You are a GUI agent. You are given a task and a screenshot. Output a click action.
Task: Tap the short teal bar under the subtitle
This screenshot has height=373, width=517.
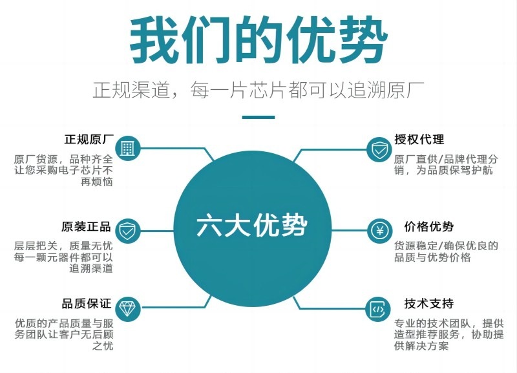pos(258,118)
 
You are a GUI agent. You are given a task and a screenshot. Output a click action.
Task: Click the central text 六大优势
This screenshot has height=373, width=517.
pos(252,226)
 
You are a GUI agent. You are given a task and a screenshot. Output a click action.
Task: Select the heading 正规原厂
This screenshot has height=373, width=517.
pos(89,140)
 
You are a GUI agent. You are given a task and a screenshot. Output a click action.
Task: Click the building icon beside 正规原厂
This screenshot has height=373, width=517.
pos(127,149)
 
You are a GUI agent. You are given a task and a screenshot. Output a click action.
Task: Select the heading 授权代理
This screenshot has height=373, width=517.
pos(419,140)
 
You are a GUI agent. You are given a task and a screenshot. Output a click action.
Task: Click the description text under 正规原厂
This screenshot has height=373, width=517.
pos(64,170)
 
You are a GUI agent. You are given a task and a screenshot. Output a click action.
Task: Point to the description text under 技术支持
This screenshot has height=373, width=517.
pos(448,334)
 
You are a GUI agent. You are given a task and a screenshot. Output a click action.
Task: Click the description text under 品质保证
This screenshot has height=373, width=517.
pos(64,334)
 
